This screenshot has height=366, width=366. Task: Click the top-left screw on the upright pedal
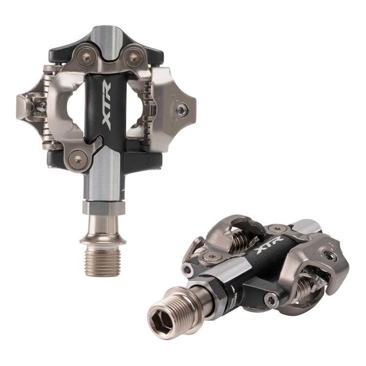tap(86, 58)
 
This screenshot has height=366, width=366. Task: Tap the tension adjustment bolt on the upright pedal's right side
tap(182, 110)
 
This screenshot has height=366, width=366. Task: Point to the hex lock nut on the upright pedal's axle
tap(103, 207)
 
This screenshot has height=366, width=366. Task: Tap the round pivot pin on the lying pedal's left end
tap(187, 269)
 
